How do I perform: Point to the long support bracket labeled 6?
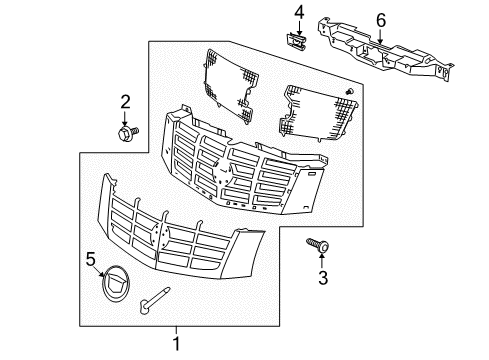pyautogui.click(x=375, y=47)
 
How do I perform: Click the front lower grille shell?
pyautogui.click(x=181, y=240)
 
